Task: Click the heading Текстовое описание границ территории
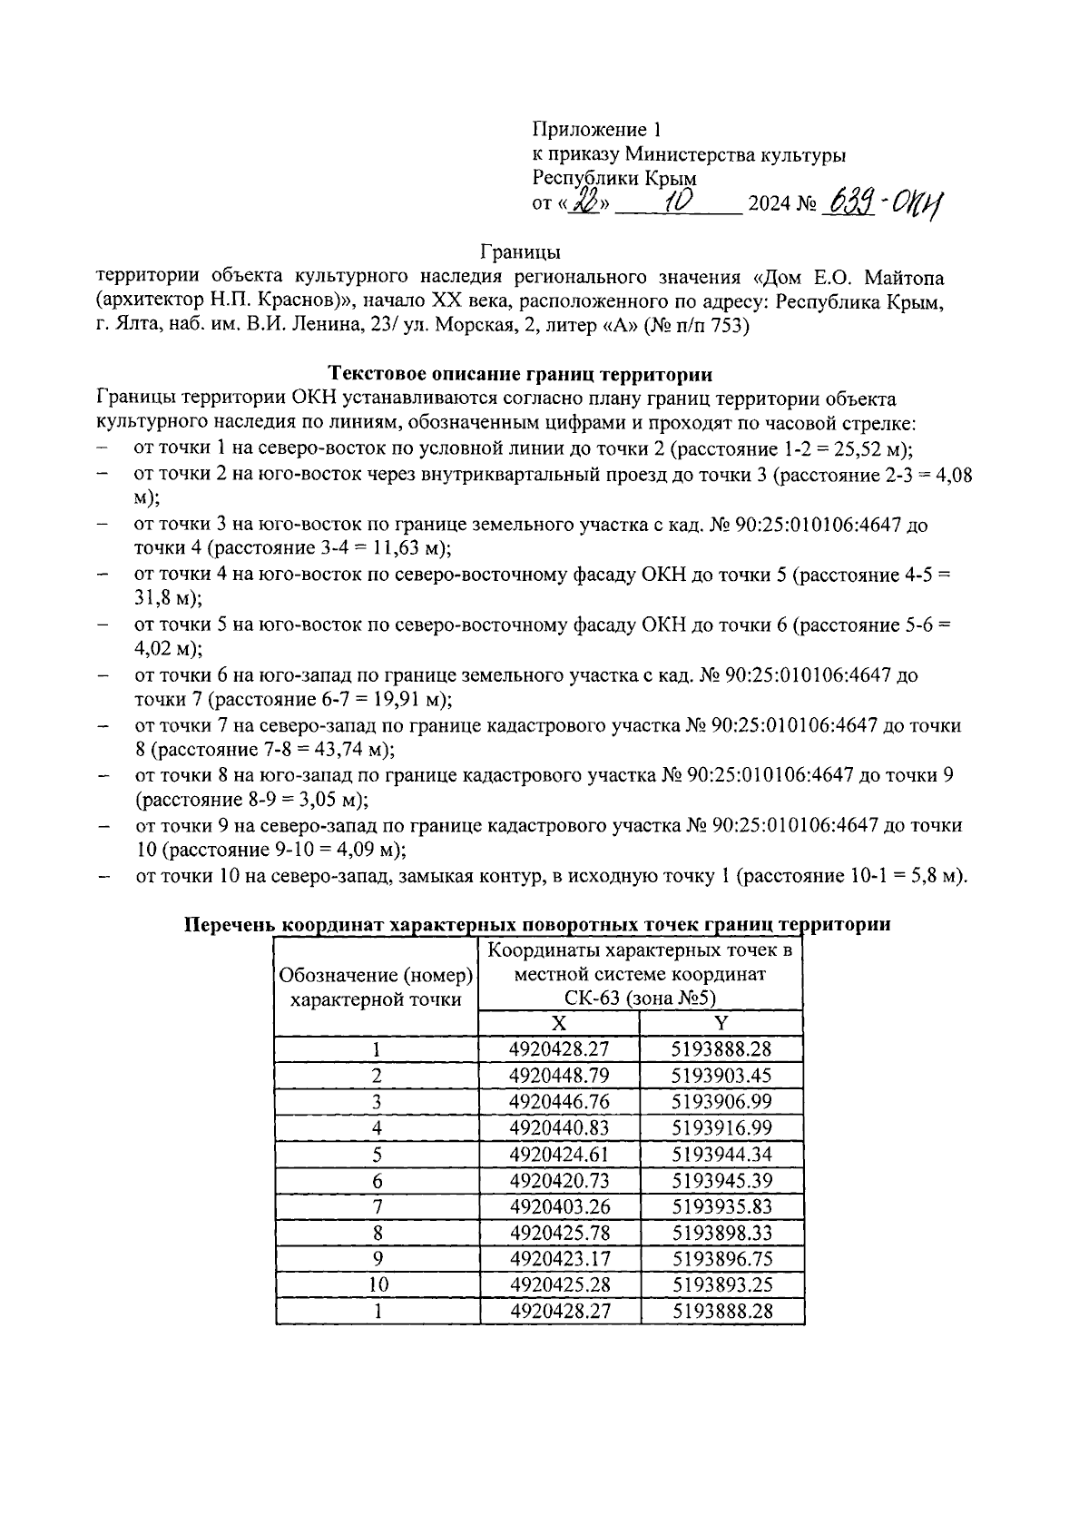coord(520,374)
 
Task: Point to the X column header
coord(559,1023)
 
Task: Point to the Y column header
coord(721,1023)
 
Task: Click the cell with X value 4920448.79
coord(559,1076)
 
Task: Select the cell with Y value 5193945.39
coord(721,1180)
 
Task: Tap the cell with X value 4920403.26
coord(559,1206)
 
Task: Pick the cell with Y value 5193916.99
coord(721,1127)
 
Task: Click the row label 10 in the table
coord(377,1284)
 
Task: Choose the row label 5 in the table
coord(377,1154)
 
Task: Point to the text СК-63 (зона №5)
coord(640,998)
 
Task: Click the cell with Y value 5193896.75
coord(721,1258)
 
